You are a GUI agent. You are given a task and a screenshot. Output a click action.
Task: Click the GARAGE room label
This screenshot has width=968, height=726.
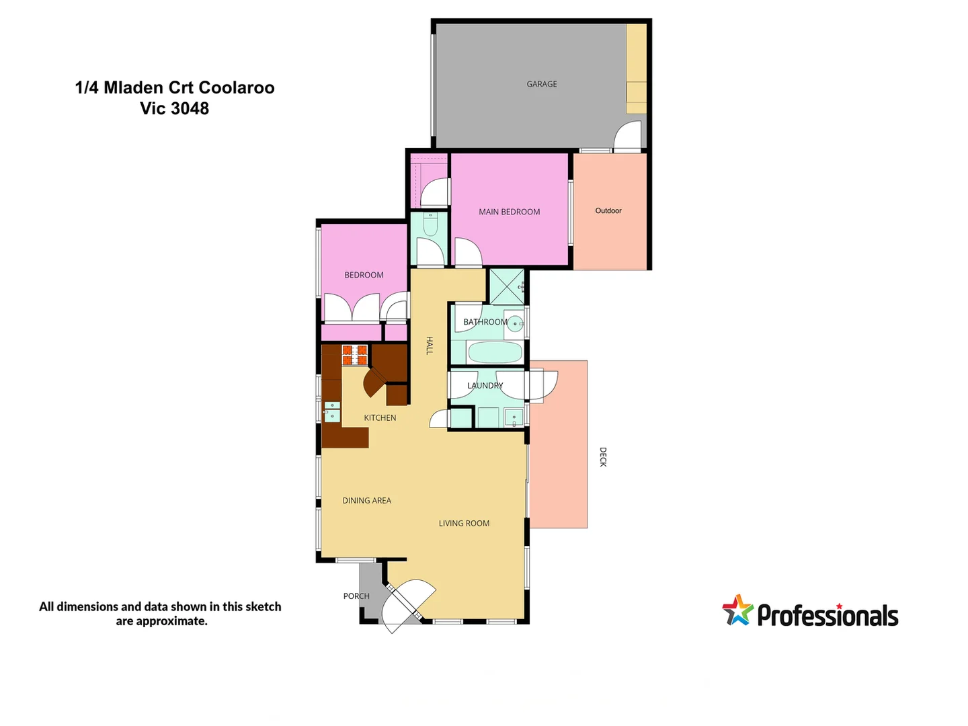point(542,84)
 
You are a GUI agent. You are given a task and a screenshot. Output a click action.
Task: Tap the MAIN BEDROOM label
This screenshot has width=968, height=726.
point(509,212)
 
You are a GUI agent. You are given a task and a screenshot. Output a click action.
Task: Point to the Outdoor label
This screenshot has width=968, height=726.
point(608,210)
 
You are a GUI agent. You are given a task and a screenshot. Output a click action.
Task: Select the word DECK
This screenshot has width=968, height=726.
point(603,457)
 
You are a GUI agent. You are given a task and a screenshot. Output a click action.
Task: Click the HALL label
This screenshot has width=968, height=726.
point(430,346)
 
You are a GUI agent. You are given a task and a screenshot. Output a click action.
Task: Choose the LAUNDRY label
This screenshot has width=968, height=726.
point(485,385)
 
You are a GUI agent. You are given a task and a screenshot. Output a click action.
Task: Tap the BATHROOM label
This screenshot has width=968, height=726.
point(485,322)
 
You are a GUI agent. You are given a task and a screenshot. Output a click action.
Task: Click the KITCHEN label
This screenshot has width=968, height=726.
point(380,417)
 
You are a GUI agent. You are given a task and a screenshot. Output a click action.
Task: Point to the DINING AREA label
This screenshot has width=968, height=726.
point(366,500)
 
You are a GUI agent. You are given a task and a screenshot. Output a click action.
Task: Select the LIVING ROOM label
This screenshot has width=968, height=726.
point(464,523)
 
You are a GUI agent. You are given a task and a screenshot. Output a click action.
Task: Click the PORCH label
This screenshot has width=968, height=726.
point(356,596)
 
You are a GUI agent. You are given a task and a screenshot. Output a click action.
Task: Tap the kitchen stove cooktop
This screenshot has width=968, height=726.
point(355,354)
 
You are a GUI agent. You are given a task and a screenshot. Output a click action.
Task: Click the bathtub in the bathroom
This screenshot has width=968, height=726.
point(494,352)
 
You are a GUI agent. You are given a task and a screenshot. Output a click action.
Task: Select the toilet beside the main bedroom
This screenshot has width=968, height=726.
point(431,224)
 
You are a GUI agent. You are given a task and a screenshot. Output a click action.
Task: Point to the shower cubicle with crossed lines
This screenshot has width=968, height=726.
point(506,286)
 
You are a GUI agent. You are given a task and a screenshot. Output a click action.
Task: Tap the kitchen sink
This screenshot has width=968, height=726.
point(332,411)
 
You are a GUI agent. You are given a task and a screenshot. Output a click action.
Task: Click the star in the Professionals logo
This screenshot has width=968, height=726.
point(738,610)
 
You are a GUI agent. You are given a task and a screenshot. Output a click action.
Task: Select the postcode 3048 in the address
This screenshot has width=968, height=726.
point(190,108)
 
